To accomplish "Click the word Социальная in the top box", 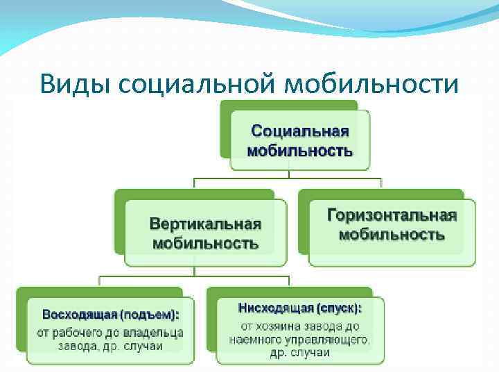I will pyautogui.click(x=299, y=131).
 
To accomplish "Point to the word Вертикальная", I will pyautogui.click(x=205, y=224).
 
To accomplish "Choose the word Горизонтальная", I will pyautogui.click(x=392, y=215).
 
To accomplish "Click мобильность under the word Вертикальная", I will pyautogui.click(x=205, y=243).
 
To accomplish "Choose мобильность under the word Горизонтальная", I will pyautogui.click(x=392, y=234).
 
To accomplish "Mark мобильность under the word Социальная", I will pyautogui.click(x=299, y=151).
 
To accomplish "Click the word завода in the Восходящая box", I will pyautogui.click(x=76, y=346).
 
